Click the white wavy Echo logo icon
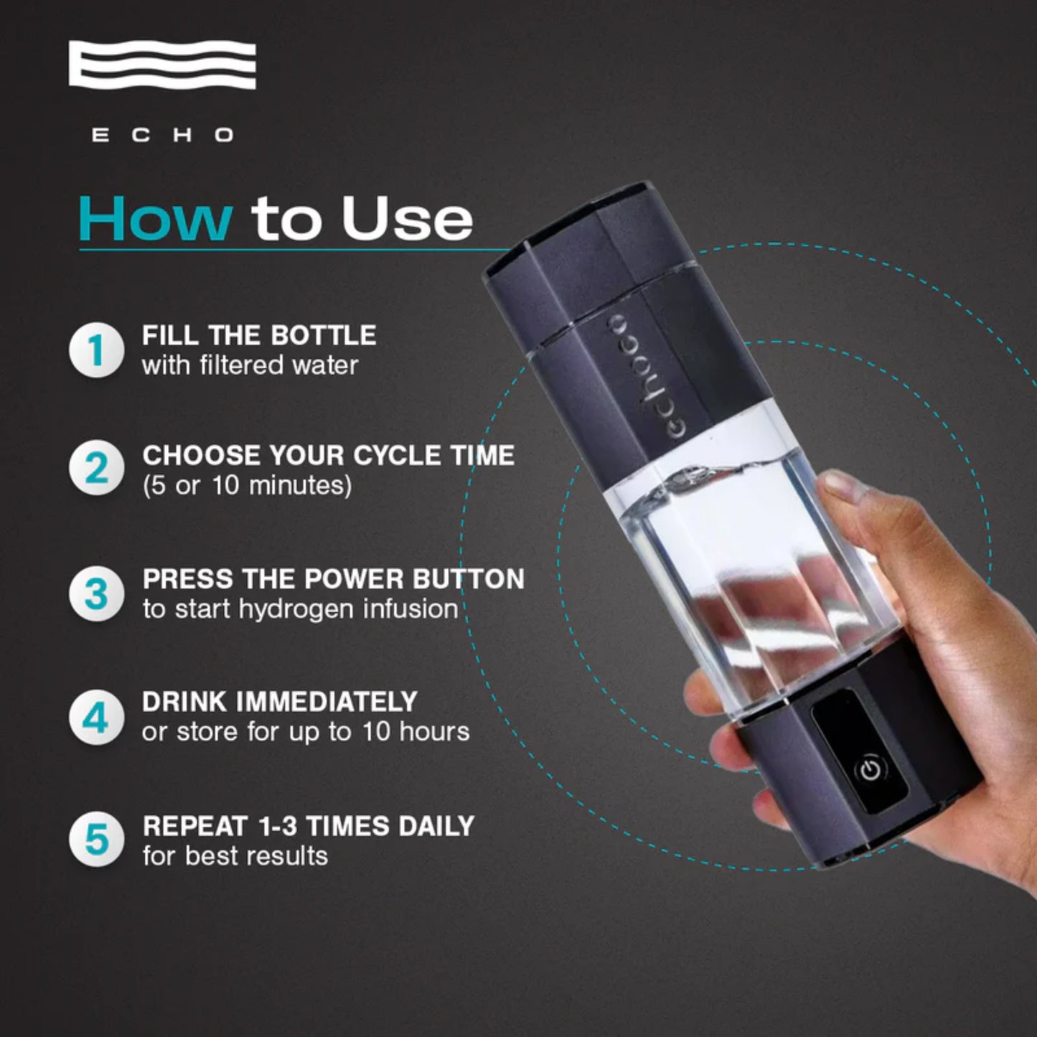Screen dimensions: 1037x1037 [162, 65]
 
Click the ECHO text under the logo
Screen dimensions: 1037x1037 [162, 135]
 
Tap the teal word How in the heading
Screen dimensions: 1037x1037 [155, 219]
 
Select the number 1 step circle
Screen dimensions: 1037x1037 [96, 350]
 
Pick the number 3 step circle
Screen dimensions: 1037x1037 [96, 594]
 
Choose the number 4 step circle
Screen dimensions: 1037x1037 [96, 717]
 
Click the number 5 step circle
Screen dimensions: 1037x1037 [96, 840]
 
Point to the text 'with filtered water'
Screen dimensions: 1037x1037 [250, 365]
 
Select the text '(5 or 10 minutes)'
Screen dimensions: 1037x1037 [247, 486]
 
